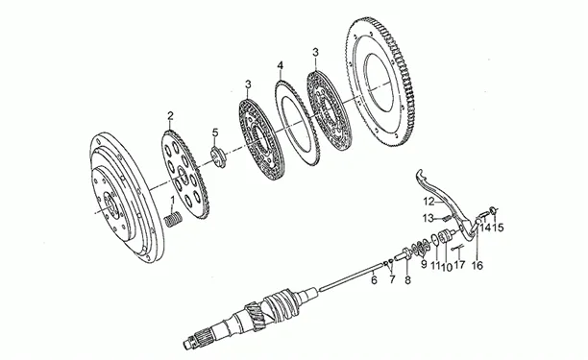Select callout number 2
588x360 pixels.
pos(171,116)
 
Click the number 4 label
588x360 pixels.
pos(281,65)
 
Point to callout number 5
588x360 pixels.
pos(215,132)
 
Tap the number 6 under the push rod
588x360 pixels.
pos(374,279)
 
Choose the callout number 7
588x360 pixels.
pos(392,279)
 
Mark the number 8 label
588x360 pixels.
pos(407,279)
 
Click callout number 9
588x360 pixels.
pos(424,264)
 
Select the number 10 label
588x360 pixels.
pos(446,267)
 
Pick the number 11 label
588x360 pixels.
pos(435,266)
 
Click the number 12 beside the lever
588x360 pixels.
pos(429,202)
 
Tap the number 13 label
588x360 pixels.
pos(429,217)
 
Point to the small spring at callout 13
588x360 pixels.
pos(446,217)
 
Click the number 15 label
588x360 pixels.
pos(498,227)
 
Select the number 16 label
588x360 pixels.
pos(478,266)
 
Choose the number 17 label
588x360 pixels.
pos(459,265)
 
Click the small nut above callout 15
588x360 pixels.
pos(494,210)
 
